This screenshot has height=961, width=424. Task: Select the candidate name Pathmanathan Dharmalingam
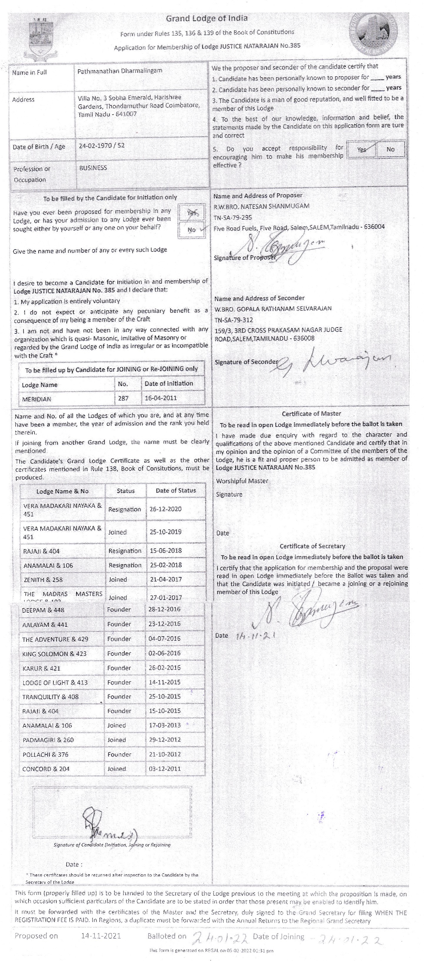(x=120, y=71)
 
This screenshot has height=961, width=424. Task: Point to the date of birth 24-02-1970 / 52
(x=101, y=145)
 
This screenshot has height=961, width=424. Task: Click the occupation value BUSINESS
(x=93, y=168)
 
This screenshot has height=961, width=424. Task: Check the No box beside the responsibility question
(x=390, y=149)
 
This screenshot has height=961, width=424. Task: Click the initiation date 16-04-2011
(x=161, y=398)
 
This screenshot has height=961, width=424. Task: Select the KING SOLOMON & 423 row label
(x=54, y=654)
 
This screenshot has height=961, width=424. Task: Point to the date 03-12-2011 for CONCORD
(x=164, y=769)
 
